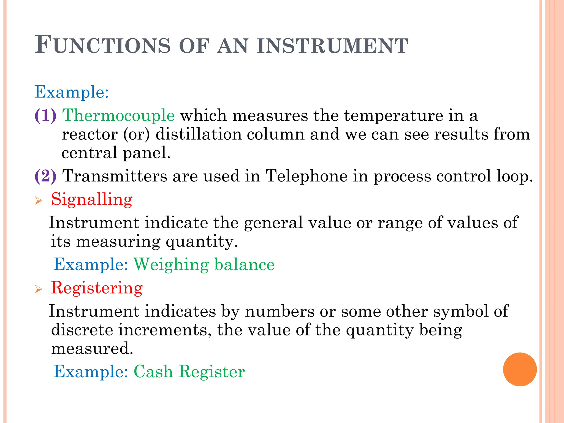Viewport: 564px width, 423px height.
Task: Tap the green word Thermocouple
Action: (x=118, y=115)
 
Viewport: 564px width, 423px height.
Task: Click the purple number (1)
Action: (x=45, y=115)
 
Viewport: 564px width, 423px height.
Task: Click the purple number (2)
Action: (x=45, y=176)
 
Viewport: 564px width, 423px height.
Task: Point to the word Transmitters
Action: (x=115, y=176)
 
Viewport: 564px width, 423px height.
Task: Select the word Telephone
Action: (x=306, y=176)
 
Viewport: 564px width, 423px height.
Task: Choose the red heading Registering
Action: (x=97, y=288)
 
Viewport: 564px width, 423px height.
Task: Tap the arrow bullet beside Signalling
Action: (x=39, y=201)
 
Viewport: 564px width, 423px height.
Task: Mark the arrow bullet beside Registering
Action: (x=39, y=289)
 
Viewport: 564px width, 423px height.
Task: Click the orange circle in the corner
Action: (x=520, y=369)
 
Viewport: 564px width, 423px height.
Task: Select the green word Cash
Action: (x=153, y=372)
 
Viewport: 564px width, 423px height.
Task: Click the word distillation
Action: (x=198, y=134)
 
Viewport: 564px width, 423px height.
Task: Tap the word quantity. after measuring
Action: (x=202, y=242)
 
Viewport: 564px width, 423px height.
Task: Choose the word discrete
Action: (x=82, y=330)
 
